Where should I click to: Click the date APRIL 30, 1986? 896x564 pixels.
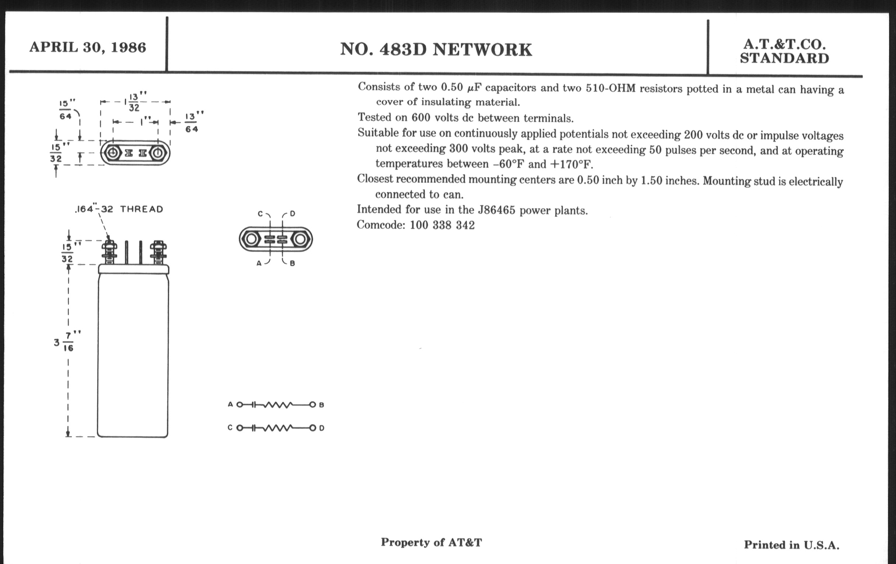click(x=88, y=47)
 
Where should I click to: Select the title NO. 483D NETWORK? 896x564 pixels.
click(x=436, y=49)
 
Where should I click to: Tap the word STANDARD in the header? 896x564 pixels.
click(x=784, y=59)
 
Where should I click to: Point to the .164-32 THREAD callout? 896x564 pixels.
click(x=119, y=209)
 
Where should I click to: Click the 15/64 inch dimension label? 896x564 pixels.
click(x=66, y=109)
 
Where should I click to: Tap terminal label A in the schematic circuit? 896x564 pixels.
click(x=230, y=404)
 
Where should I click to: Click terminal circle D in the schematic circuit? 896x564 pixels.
click(x=313, y=428)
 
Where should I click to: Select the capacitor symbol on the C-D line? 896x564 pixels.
click(x=253, y=428)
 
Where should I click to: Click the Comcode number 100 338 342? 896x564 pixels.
click(x=442, y=225)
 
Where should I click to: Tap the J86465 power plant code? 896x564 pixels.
click(x=496, y=210)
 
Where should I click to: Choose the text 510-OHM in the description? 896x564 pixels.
click(x=610, y=88)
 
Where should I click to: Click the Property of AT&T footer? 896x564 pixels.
click(x=431, y=542)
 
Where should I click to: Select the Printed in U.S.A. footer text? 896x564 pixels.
click(x=791, y=545)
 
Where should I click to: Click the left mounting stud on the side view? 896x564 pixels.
click(x=109, y=253)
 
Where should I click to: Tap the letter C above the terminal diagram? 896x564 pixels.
click(x=260, y=214)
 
